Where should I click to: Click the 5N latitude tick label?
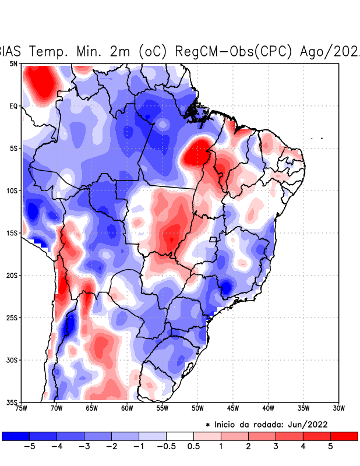point(13,63)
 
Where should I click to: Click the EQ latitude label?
point(13,106)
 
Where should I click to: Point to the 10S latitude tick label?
point(12,190)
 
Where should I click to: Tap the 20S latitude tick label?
point(12,275)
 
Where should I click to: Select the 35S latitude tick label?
point(12,402)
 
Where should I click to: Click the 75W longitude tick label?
point(22,408)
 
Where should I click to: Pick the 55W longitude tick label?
point(163,408)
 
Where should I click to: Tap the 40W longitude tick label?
point(268,408)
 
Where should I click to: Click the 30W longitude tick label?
point(338,408)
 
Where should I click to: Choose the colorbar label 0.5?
point(194,446)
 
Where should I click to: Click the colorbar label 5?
point(331,446)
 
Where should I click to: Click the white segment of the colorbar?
point(180,436)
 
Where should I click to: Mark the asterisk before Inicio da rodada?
point(208,425)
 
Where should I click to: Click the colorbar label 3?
point(276,446)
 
